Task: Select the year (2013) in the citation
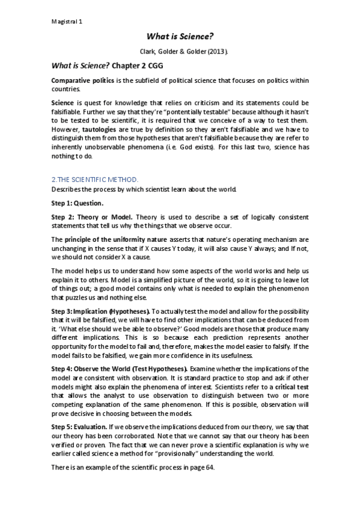(216, 50)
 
